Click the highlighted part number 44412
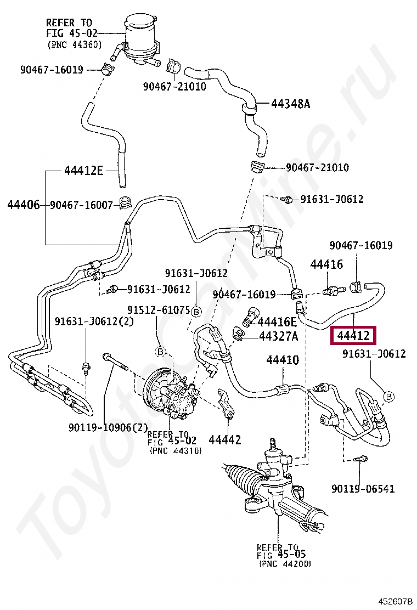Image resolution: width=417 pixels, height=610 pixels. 353,335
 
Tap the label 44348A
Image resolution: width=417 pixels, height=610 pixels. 290,104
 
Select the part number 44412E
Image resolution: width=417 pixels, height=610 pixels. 83,171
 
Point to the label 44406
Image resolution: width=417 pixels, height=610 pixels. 24,205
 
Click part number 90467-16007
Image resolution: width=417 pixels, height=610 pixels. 81,205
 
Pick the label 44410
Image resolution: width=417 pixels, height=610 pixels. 283,360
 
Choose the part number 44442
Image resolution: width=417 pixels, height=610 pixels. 225,440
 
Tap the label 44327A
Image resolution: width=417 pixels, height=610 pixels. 279,336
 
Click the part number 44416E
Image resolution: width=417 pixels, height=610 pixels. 277,321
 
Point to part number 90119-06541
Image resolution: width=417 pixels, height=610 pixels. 363,489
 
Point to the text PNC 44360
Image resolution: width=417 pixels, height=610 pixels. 75,45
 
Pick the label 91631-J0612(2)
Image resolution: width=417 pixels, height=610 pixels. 94,321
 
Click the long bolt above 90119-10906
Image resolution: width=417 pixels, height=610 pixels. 115,362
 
